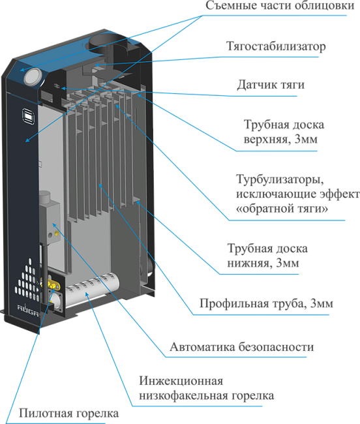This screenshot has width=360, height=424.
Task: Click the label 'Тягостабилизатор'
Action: click(276, 46)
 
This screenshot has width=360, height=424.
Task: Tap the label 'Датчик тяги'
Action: click(271, 85)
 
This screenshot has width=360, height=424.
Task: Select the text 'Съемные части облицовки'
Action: click(280, 6)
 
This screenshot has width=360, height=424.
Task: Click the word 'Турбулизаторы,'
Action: click(280, 179)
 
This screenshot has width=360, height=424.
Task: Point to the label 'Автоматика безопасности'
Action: click(241, 347)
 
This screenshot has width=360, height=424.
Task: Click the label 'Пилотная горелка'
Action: click(68, 414)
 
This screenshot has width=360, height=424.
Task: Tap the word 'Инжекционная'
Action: click(181, 381)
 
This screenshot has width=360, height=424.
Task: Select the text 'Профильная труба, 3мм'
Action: click(266, 304)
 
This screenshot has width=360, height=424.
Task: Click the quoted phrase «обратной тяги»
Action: click(282, 209)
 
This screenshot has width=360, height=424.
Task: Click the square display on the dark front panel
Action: click(28, 116)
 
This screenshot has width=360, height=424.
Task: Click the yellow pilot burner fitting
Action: click(52, 284)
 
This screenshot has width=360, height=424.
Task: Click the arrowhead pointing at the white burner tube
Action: click(87, 294)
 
